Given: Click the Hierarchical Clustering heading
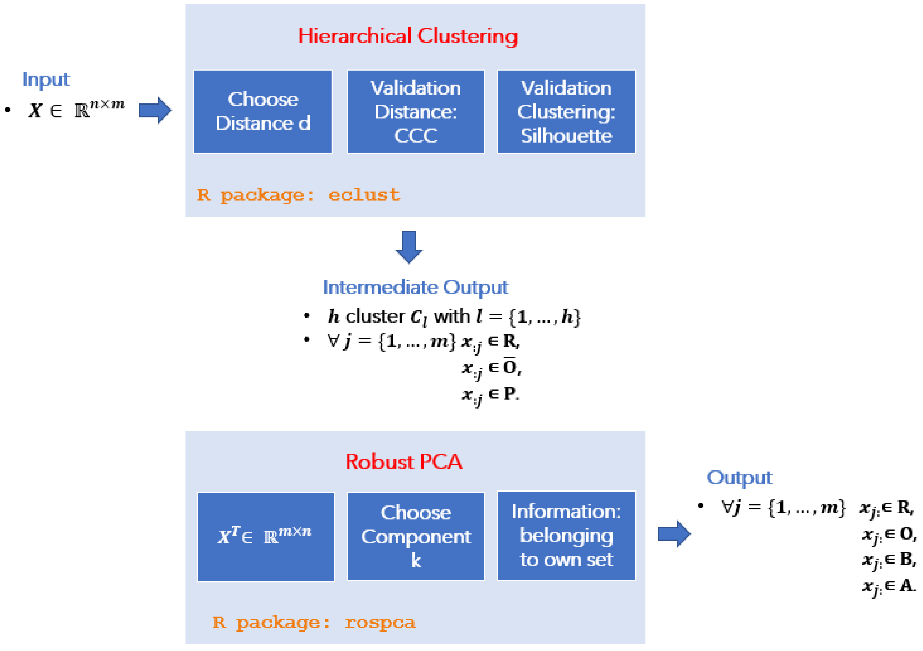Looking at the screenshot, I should click(x=408, y=36).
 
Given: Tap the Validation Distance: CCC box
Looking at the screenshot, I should click(x=416, y=111).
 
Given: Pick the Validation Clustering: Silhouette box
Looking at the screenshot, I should click(x=566, y=111).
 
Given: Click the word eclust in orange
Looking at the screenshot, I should click(x=364, y=195).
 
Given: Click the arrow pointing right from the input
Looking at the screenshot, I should click(x=155, y=110).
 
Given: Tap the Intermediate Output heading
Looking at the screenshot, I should click(x=415, y=287).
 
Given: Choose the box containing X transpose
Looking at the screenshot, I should click(x=266, y=537).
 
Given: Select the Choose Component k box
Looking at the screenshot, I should click(x=416, y=536).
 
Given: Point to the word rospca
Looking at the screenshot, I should click(x=380, y=623).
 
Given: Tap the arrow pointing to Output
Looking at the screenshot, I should click(x=674, y=534).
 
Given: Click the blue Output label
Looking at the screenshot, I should click(x=739, y=478).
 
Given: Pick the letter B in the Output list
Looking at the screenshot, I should click(x=907, y=559).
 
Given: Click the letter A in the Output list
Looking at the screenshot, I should click(x=907, y=585).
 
